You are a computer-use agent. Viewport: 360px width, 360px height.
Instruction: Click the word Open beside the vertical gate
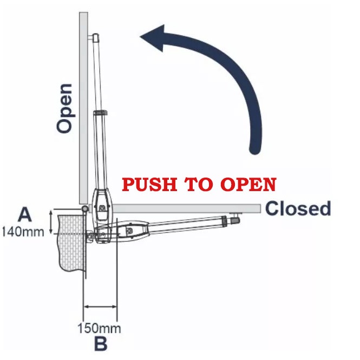coord(64,108)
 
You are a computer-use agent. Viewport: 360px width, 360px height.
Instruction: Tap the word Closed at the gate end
coord(298,208)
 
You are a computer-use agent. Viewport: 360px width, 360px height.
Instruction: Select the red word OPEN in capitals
coord(247,185)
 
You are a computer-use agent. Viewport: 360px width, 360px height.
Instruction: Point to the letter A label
coord(24,215)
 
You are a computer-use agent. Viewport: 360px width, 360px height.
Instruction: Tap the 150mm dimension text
coord(99,328)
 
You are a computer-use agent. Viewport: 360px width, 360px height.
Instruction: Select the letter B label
coord(101,344)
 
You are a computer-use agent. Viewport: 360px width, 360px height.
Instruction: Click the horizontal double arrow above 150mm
coord(100,307)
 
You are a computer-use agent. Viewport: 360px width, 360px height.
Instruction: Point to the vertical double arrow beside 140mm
coord(51,222)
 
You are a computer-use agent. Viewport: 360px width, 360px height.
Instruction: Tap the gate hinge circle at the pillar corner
coord(84,209)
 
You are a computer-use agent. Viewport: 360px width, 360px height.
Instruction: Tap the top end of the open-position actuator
coord(95,38)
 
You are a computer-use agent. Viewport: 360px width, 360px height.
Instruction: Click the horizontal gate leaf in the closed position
coord(189,208)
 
